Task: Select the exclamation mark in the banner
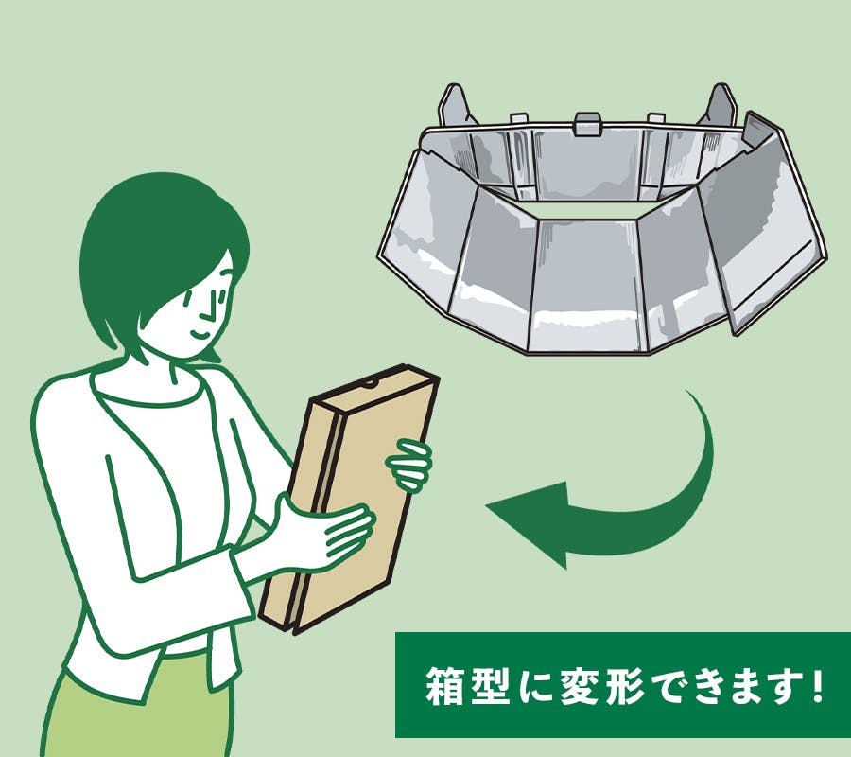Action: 819,686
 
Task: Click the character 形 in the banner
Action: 624,686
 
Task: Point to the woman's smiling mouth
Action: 200,332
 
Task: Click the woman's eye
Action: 188,297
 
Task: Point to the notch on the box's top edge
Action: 372,385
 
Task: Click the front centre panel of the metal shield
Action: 585,285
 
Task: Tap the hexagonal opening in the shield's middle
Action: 586,207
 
